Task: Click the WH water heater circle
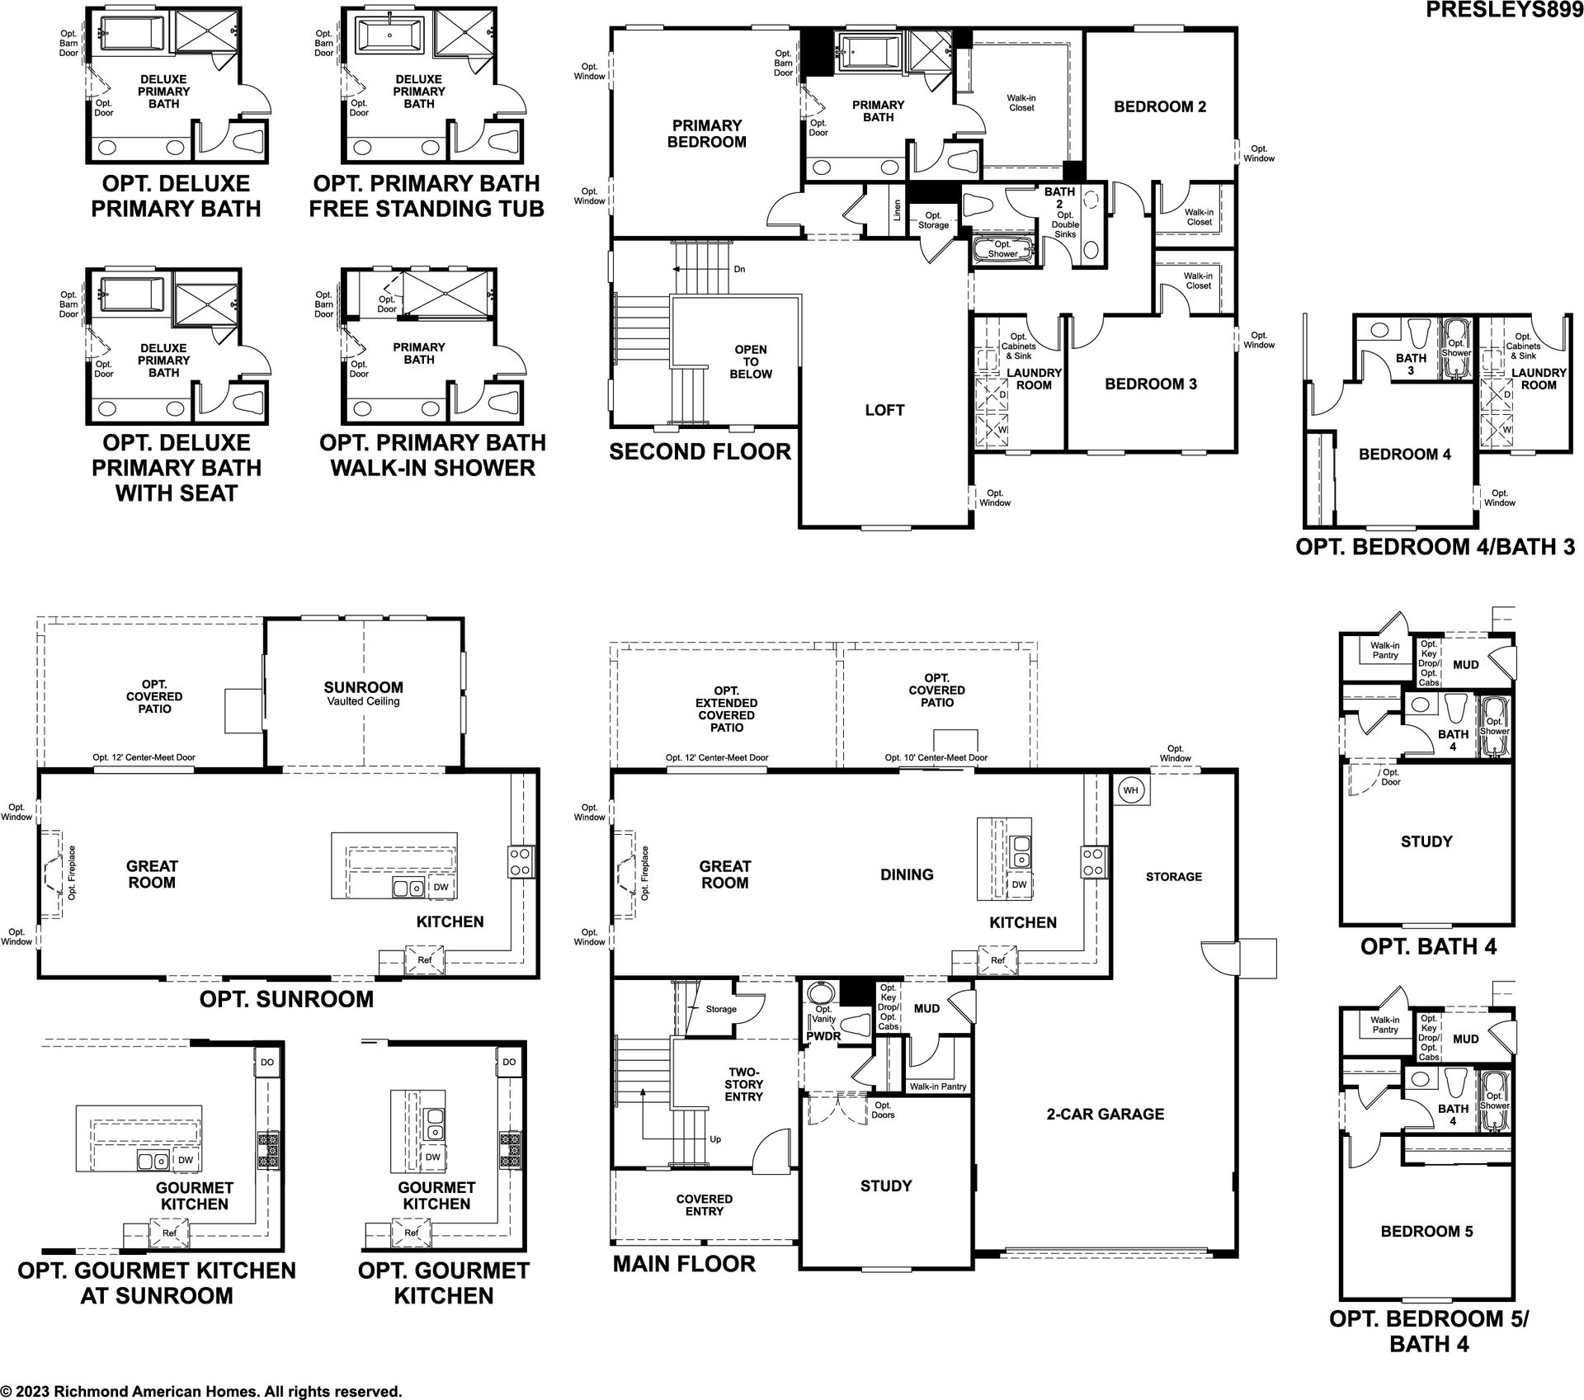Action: [1129, 790]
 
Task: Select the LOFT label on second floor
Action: [884, 410]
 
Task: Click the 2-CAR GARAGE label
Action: [1105, 1114]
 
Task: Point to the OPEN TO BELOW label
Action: [750, 361]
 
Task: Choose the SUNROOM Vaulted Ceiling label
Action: [363, 693]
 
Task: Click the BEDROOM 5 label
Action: [1426, 1231]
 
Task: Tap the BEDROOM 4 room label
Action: [1404, 454]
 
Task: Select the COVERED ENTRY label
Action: [704, 1204]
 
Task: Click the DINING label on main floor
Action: [907, 874]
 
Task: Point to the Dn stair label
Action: [739, 270]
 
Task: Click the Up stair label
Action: [715, 1139]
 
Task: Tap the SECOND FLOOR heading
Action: [700, 451]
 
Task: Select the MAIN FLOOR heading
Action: [684, 1264]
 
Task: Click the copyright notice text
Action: [202, 1391]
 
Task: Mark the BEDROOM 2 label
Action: [1160, 106]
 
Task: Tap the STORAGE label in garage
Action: [1174, 876]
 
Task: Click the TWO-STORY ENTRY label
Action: [745, 1084]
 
